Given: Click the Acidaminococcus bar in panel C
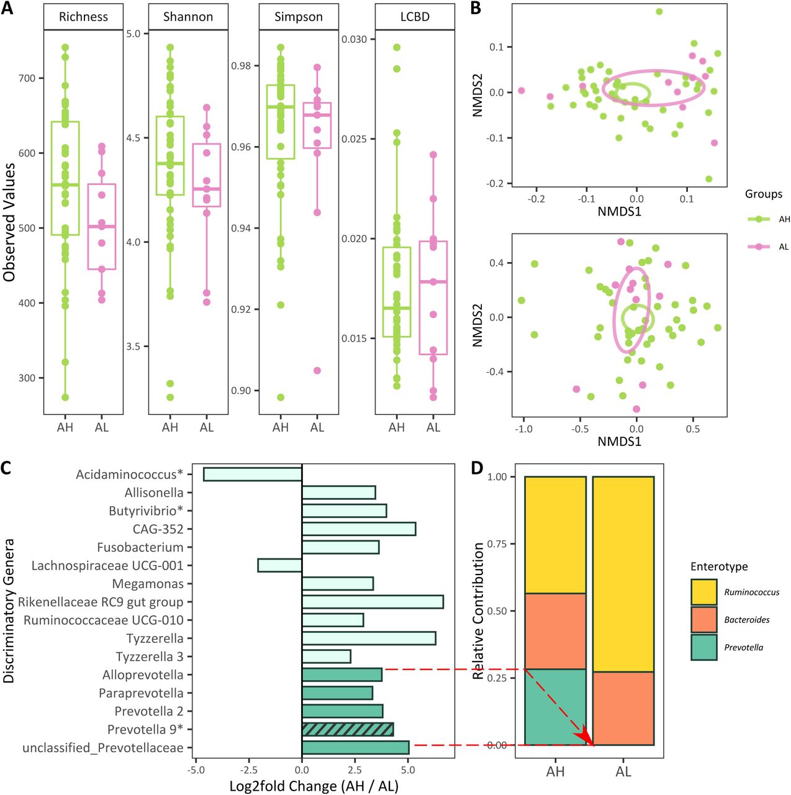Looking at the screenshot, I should point(252,474).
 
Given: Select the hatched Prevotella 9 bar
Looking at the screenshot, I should point(347,729).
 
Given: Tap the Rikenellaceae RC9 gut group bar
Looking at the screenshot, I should point(373,602).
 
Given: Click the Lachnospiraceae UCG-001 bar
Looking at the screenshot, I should point(279,565).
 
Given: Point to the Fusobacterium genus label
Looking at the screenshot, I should point(140,547).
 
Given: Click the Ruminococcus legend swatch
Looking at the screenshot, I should point(703,593).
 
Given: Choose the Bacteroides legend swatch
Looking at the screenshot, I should point(703,620).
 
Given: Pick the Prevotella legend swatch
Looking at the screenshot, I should point(703,647).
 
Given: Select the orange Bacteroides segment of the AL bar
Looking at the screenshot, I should point(623,708).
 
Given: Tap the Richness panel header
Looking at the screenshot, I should point(83,17).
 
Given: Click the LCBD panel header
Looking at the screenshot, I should point(415,17).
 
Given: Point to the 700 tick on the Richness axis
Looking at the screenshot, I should point(27,78).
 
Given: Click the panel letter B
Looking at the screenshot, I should point(475,8).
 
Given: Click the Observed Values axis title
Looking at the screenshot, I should point(9,222).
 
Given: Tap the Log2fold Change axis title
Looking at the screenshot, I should point(314,786).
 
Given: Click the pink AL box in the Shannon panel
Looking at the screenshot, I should point(207,175).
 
